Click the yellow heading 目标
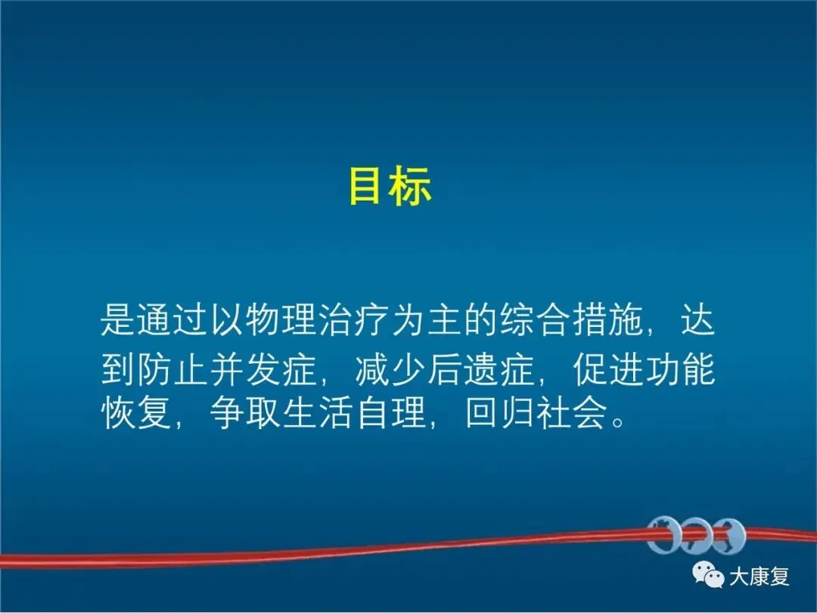point(390,185)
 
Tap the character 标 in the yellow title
point(412,185)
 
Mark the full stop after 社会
point(619,422)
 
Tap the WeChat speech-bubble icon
point(708,575)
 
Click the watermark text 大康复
point(760,577)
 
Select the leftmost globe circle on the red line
point(663,534)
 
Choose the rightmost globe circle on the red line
point(729,535)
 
